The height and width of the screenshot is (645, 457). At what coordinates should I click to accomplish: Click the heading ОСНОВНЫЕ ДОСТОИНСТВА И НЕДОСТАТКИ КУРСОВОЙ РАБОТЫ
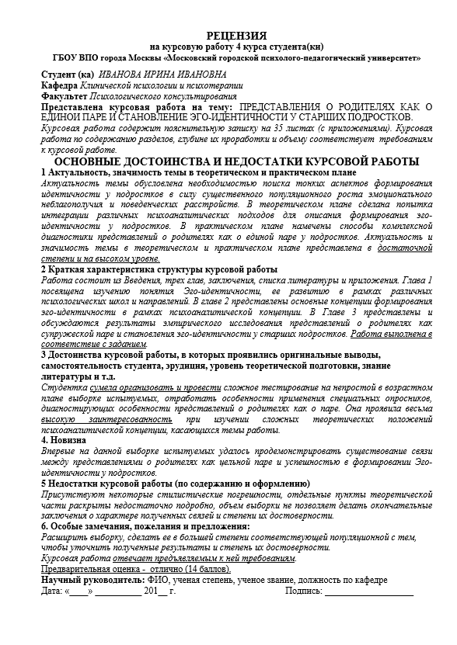pyautogui.click(x=228, y=160)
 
